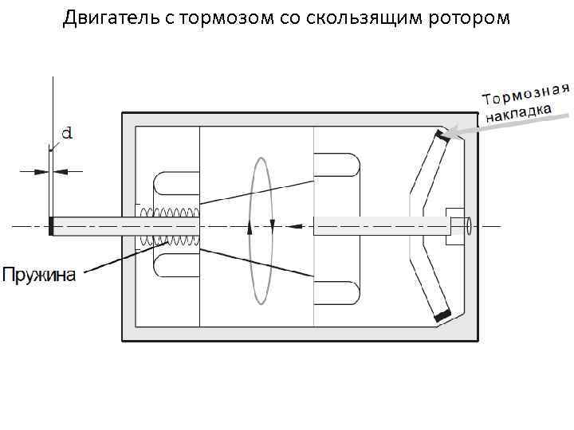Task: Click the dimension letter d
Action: click(67, 134)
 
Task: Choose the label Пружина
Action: click(39, 276)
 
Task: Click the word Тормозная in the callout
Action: click(526, 92)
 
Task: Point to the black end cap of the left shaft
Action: click(51, 226)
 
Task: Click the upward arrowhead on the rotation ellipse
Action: click(250, 227)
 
